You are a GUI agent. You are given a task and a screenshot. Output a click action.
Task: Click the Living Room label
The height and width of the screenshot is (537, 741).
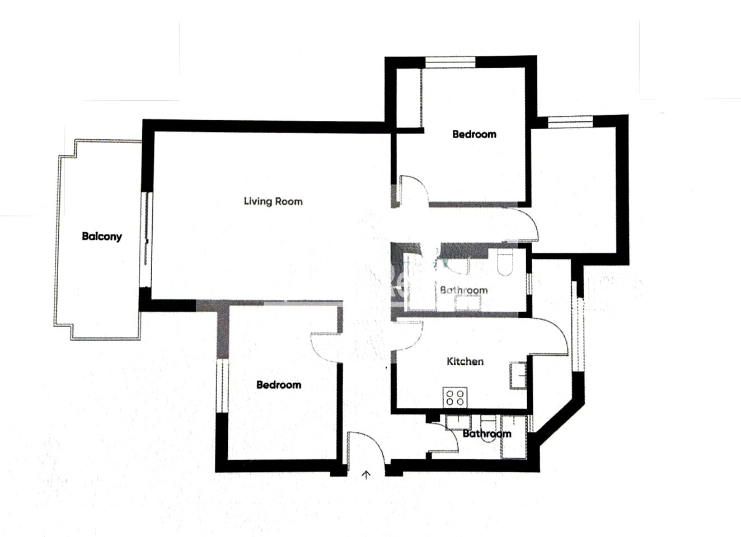[273, 201]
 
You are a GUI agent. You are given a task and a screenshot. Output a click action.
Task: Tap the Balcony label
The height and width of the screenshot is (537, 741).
[102, 237]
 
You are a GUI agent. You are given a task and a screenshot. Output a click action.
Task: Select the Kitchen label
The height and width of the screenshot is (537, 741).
[465, 361]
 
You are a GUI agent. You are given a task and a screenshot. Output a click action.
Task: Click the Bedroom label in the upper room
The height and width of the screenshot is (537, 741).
[475, 134]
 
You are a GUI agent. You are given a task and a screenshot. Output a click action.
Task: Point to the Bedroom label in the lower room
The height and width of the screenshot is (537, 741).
[279, 385]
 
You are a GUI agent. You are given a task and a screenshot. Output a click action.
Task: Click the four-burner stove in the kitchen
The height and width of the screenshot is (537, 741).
[455, 398]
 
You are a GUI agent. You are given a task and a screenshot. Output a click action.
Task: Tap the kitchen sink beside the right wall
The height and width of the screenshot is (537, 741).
[518, 376]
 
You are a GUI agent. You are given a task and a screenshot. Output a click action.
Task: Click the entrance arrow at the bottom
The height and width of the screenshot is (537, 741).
[366, 475]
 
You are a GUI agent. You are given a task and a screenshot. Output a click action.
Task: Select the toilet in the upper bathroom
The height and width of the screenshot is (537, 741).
[505, 262]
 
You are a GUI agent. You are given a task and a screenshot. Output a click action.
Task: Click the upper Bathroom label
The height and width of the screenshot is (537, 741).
[464, 290]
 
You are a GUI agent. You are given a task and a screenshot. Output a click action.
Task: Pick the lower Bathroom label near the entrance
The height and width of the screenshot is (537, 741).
[487, 434]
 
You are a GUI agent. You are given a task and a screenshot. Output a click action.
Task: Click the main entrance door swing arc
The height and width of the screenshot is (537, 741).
[377, 441]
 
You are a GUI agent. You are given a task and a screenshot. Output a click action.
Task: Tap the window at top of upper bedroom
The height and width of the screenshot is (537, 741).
[450, 62]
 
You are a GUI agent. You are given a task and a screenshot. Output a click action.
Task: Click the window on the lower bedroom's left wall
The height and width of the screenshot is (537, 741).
[222, 386]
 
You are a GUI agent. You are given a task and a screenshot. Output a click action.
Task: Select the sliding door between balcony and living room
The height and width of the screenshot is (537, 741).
[146, 240]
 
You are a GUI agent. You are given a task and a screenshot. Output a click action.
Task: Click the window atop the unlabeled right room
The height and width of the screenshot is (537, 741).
[570, 122]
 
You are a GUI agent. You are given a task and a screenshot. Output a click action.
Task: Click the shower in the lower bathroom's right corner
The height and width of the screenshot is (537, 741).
[514, 437]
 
